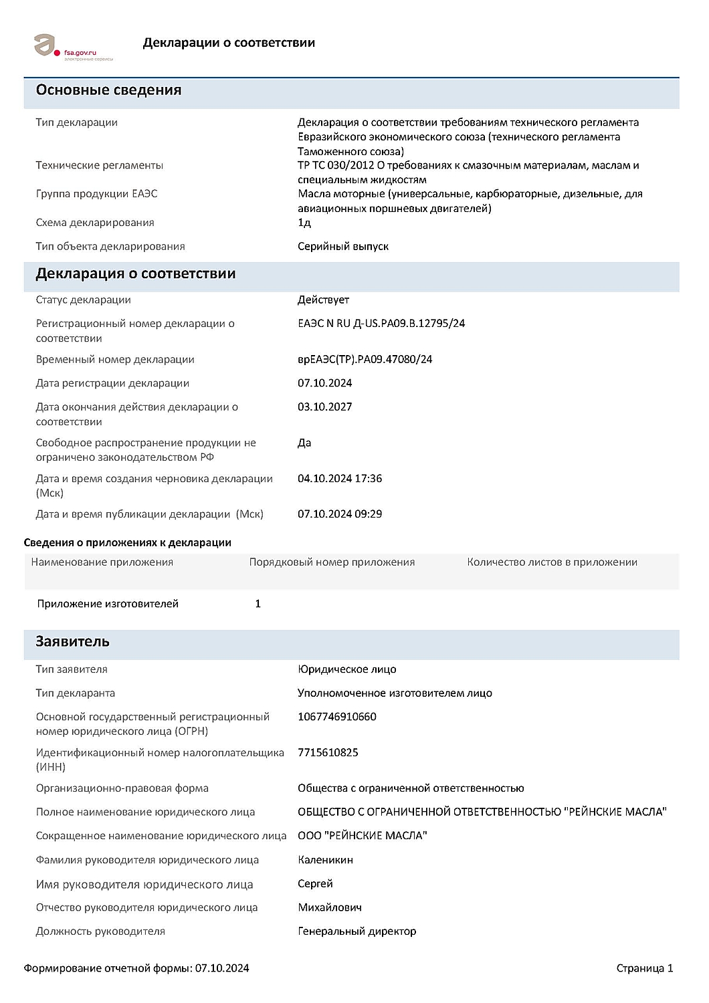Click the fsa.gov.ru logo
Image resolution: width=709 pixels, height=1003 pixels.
[74, 46]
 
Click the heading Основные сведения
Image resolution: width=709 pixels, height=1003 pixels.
[108, 90]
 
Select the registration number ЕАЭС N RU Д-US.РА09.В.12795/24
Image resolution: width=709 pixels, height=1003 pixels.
[381, 324]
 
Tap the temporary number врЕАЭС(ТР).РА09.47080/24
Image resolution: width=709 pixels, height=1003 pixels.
[365, 360]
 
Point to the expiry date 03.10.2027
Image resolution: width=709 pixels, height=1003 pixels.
[324, 407]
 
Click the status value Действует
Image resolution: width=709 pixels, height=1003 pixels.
[323, 300]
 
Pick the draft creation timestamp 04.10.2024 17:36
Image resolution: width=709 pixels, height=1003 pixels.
[340, 479]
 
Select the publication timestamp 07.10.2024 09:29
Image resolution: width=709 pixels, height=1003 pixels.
[340, 514]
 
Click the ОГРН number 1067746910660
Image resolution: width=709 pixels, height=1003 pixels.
[336, 717]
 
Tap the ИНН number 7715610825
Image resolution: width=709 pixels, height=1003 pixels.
[328, 753]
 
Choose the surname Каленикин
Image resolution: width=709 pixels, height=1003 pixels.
[325, 860]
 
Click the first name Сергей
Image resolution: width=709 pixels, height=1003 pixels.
[315, 884]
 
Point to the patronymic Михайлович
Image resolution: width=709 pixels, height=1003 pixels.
[329, 907]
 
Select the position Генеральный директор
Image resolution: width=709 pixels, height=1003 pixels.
[357, 931]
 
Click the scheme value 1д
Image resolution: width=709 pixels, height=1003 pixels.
[304, 223]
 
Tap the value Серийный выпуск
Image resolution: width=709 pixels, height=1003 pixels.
[342, 247]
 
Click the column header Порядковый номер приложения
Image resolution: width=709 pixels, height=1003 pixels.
[332, 562]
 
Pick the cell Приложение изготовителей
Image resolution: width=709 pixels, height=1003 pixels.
[108, 604]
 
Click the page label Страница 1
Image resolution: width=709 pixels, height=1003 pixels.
[644, 968]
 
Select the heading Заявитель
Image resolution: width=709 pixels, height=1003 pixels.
[72, 642]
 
